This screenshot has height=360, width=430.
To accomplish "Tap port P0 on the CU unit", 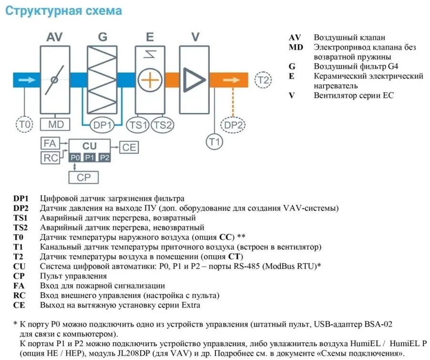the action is pyautogui.click(x=75, y=157).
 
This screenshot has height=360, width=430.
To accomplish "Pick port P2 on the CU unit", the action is pyautogui.click(x=104, y=157).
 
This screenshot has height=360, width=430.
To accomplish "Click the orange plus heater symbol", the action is pyautogui.click(x=150, y=80).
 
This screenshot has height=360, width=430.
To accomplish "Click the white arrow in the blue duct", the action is pyautogui.click(x=27, y=80).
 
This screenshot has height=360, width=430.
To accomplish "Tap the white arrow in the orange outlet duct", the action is pyautogui.click(x=232, y=80).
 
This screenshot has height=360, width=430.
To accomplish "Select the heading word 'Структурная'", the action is pyautogui.click(x=43, y=11).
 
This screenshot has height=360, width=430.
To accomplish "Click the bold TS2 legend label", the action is pyautogui.click(x=20, y=227).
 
